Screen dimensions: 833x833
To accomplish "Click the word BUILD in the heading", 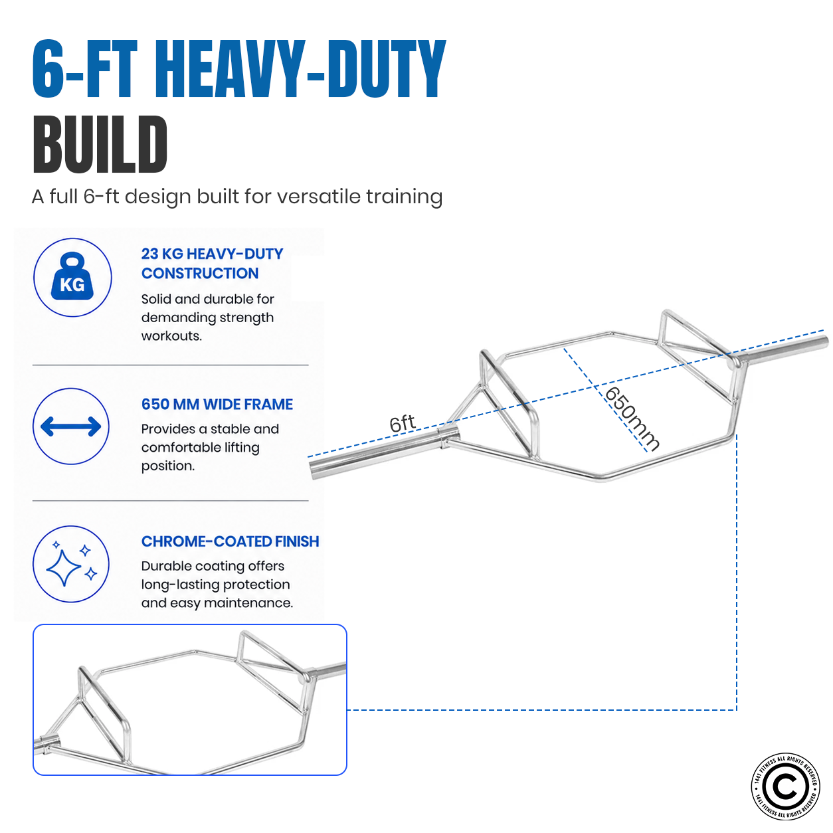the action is tap(100, 144).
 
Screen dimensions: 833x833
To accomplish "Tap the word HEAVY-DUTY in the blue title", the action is tap(304, 68).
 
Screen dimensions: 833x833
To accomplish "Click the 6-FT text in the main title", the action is tap(85, 68).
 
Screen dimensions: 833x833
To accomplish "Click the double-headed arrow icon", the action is tap(71, 426).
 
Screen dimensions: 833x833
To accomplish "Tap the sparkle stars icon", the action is tap(71, 563).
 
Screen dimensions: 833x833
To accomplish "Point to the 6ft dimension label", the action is tap(402, 423).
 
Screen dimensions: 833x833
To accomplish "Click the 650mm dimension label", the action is tap(632, 419).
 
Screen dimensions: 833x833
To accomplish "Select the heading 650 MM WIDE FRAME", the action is tap(217, 404).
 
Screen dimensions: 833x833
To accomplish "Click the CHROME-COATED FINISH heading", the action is tap(230, 541).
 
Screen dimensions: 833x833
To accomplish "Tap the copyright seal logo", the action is tap(785, 787).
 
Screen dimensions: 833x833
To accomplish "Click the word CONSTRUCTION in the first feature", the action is tap(200, 273).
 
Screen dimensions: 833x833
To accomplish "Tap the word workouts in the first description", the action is tap(171, 336).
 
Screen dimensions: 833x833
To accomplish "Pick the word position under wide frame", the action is tap(167, 466).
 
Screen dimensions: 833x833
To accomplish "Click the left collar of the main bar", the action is tap(446, 438).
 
